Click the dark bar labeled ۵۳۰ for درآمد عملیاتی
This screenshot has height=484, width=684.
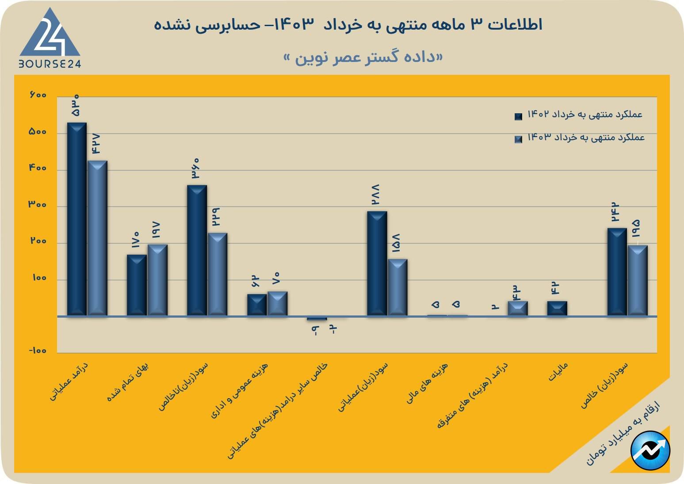click(76, 219)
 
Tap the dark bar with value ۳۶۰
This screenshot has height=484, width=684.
click(197, 250)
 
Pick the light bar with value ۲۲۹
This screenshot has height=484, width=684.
click(218, 274)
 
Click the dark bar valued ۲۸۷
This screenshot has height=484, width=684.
click(377, 263)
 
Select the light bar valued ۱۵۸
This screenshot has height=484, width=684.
click(397, 287)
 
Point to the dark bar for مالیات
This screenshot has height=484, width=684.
click(557, 308)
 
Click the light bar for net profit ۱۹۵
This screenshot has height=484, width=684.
click(638, 280)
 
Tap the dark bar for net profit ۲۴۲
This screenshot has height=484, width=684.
click(617, 272)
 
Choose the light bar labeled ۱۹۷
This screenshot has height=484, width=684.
click(157, 280)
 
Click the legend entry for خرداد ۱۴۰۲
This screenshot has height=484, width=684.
click(579, 115)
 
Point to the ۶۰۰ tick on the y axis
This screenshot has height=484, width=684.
click(38, 95)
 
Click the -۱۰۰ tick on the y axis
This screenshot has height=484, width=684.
click(38, 351)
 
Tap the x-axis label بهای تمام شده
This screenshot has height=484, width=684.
click(128, 382)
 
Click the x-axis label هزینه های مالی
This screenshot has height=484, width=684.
click(428, 383)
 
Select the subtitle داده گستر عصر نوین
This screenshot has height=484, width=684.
click(363, 58)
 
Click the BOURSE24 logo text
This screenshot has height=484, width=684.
click(50, 64)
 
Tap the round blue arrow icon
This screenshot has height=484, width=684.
click(650, 450)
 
